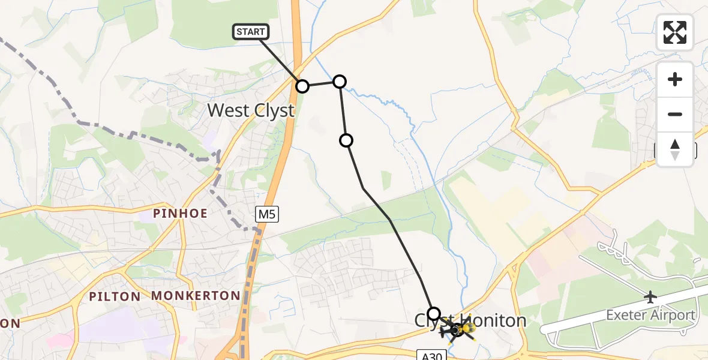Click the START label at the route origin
pyautogui.click(x=251, y=32)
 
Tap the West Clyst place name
pyautogui.click(x=251, y=110)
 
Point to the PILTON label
pyautogui.click(x=115, y=296)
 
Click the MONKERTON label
pyautogui.click(x=196, y=296)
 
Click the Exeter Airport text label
pyautogui.click(x=650, y=315)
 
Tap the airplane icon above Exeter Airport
pyautogui.click(x=650, y=296)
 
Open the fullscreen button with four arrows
pyautogui.click(x=675, y=32)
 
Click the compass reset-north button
pyautogui.click(x=675, y=149)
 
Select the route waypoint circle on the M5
pyautogui.click(x=302, y=86)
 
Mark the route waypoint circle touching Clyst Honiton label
pyautogui.click(x=434, y=313)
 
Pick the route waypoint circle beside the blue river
pyautogui.click(x=340, y=82)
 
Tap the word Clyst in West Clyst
pyautogui.click(x=273, y=110)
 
